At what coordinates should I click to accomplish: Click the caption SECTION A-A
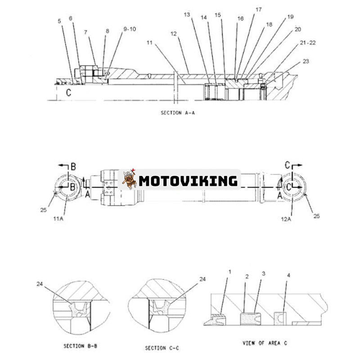click(178, 113)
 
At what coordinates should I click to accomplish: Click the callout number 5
click(59, 21)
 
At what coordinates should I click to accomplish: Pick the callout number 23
click(306, 61)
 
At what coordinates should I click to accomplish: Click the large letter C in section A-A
click(68, 93)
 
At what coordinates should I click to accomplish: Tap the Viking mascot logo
click(129, 179)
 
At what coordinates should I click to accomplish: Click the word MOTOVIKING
click(188, 181)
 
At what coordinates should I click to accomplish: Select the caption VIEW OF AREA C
click(265, 343)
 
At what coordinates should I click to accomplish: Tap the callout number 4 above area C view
click(288, 275)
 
